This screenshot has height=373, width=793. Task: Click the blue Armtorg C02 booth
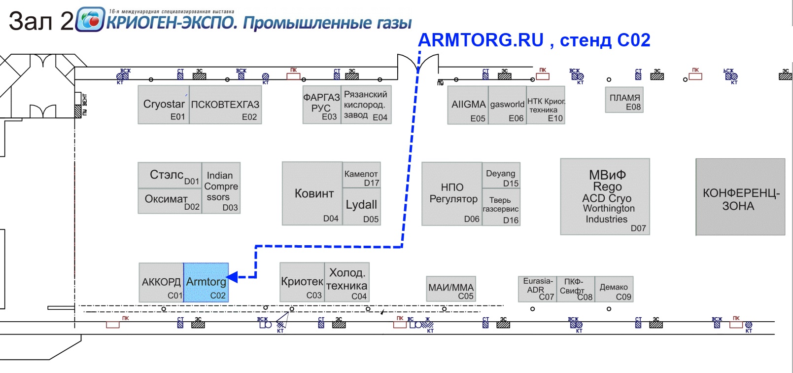pos(206,282)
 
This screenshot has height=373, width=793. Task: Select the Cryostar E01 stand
pos(164,105)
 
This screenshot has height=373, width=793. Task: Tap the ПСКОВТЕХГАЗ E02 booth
pos(225,105)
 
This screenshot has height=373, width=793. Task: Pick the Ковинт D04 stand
pos(312,193)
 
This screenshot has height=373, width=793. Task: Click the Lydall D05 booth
pos(361,207)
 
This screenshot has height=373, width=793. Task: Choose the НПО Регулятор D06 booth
pos(452,193)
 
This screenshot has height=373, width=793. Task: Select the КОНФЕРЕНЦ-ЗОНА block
pos(740,197)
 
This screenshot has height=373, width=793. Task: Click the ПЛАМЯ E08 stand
pos(624,100)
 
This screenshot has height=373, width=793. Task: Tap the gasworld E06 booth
pos(507,105)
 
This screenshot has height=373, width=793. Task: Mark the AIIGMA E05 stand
pos(468,105)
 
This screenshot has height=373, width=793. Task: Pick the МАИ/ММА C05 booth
pos(451,289)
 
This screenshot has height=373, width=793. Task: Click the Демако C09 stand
pos(614,289)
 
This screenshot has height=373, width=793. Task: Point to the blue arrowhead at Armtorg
pos(232,277)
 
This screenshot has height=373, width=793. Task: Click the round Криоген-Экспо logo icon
pos(90,19)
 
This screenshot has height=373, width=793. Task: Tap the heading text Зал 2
pos(41,21)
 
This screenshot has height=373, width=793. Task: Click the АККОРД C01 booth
pos(161,282)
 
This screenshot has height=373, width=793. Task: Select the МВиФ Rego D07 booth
pos(605,196)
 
